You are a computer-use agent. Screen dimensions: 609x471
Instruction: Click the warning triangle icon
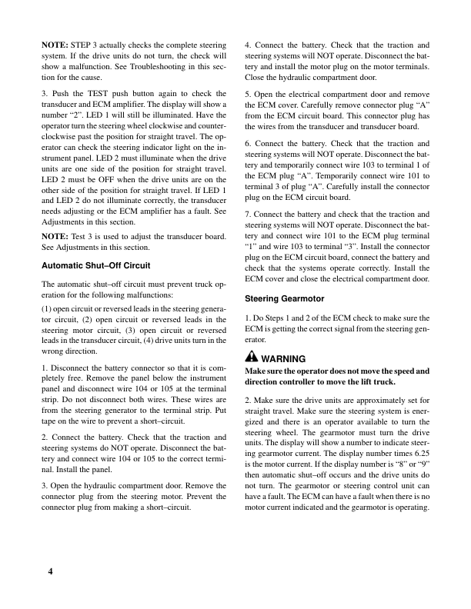[x=251, y=358]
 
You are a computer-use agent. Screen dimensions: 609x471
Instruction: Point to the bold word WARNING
[x=286, y=358]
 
